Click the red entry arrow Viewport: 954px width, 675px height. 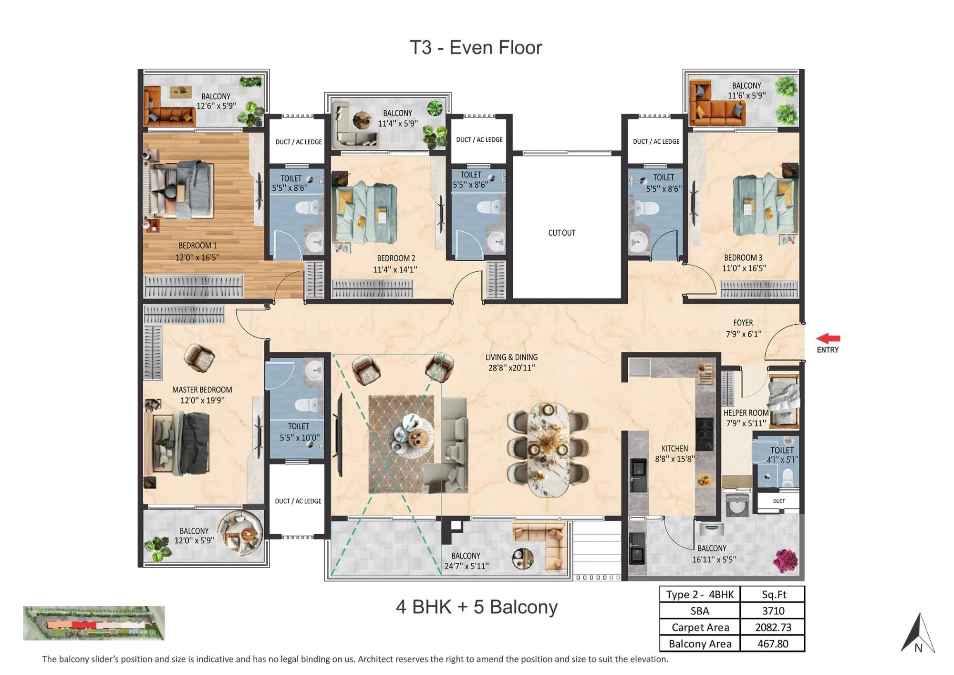[x=828, y=338]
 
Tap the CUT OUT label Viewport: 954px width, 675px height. [x=561, y=233]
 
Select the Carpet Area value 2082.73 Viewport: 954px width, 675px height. [x=773, y=627]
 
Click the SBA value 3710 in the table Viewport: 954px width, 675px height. [x=773, y=611]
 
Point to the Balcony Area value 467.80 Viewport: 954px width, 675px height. [x=773, y=643]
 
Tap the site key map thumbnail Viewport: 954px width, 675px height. [x=94, y=623]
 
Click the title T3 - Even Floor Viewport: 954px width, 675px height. [x=476, y=48]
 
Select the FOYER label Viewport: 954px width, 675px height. [x=743, y=323]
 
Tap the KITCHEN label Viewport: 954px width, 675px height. [x=674, y=449]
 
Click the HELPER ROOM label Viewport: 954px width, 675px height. [x=746, y=413]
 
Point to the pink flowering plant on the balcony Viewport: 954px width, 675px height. [x=785, y=560]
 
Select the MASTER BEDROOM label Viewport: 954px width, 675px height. [x=202, y=390]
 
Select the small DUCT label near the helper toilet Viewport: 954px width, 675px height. [x=778, y=501]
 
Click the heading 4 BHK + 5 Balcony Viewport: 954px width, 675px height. [x=477, y=607]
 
